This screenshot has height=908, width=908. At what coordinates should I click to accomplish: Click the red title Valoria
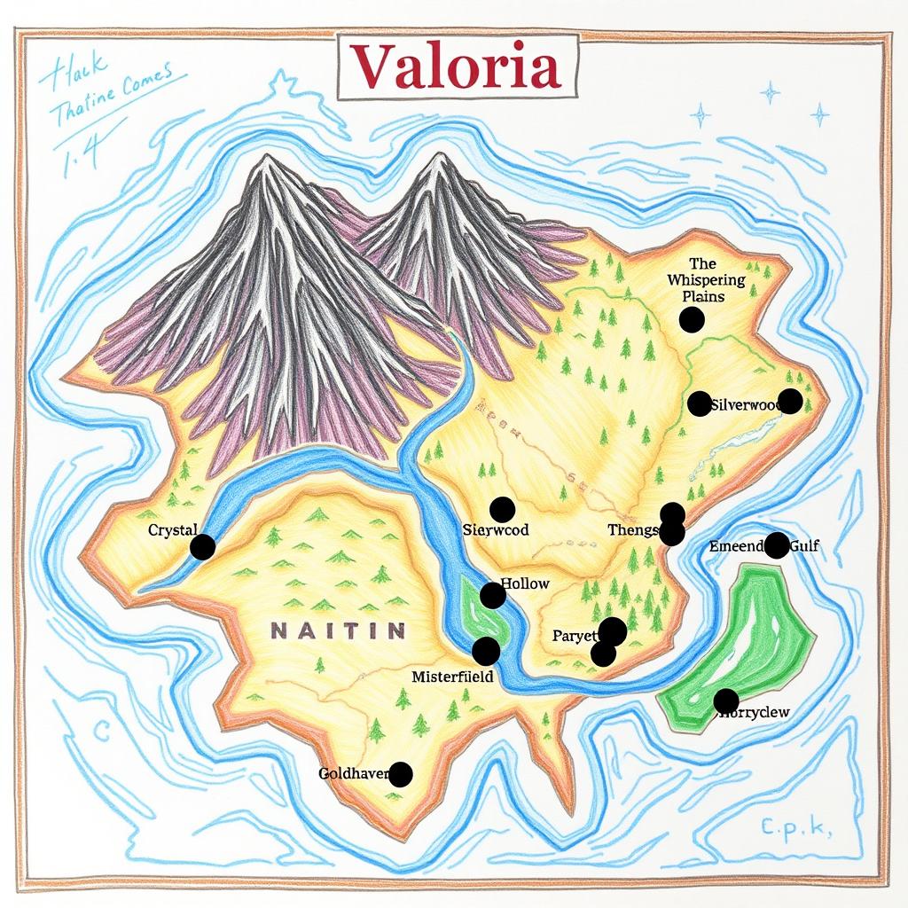456,67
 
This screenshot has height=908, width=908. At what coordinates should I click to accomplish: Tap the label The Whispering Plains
706,279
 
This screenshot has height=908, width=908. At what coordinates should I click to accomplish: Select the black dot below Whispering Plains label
692,320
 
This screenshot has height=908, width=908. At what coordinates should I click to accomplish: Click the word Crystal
172,530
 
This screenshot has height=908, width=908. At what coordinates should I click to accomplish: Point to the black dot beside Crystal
202,547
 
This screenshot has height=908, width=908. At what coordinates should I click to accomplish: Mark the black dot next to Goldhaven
401,774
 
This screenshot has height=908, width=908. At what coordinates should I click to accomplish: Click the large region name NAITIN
338,631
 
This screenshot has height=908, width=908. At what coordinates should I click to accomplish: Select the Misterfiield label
452,677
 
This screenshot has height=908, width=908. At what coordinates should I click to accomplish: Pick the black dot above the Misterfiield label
486,651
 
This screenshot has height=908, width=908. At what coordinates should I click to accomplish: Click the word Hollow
525,584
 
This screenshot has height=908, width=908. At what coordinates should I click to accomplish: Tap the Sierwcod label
496,530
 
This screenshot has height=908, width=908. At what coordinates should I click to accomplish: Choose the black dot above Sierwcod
502,509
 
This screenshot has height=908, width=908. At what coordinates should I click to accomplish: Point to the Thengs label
633,530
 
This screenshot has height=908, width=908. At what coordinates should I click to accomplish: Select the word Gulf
804,546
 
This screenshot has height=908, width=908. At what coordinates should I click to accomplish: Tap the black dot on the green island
726,701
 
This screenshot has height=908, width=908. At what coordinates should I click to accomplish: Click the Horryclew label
755,712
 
